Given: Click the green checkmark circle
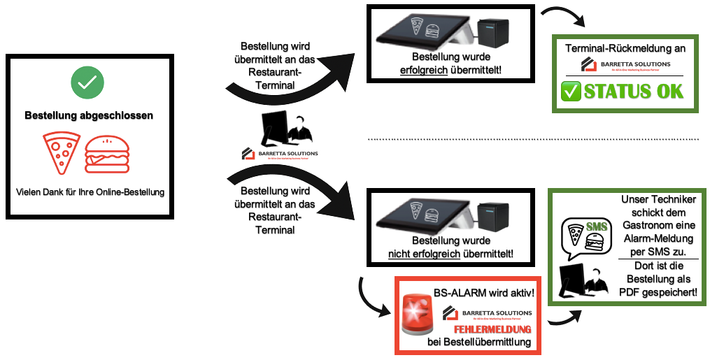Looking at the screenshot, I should point(87,82).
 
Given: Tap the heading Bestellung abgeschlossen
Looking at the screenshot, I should point(89,115).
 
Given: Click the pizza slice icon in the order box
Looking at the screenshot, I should point(62,154).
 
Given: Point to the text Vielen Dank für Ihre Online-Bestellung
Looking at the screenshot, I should point(90,192).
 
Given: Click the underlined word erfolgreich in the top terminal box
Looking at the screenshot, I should point(423,70).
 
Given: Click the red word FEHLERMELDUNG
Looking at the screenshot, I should point(492,329).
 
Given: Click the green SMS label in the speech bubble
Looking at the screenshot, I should point(596,226).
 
